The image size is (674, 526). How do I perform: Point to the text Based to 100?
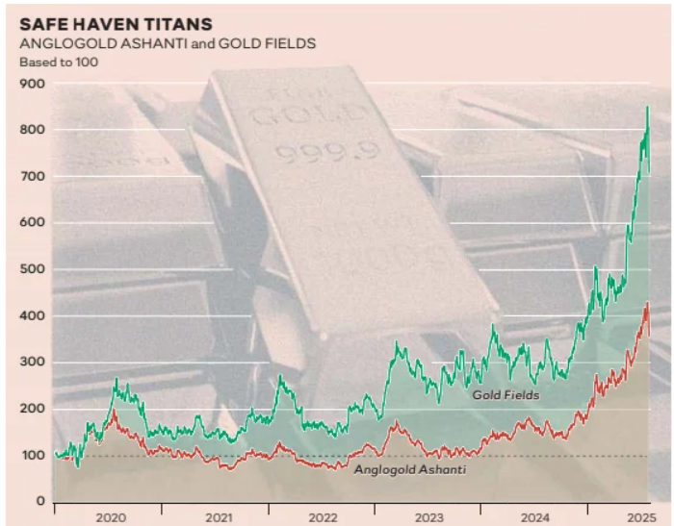coord(59,63)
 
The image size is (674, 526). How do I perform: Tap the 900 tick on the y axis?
coord(33,84)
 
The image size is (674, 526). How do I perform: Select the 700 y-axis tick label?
coord(33,177)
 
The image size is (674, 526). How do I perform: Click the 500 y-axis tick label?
coord(33,270)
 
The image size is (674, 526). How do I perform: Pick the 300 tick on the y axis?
coord(33,363)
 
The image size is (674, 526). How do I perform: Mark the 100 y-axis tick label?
coord(33,456)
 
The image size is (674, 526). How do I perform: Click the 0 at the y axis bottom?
coord(40,502)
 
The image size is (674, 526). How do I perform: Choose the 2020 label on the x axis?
coord(113,517)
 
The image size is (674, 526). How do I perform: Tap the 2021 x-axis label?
coord(220,517)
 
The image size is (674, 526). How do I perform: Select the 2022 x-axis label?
coord(324,517)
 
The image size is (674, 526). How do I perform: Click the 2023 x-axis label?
coord(428,517)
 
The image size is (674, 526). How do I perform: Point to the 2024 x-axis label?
coord(533,517)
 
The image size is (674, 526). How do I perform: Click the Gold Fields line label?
coord(505,394)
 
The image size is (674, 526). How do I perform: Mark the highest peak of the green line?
coord(647,107)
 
